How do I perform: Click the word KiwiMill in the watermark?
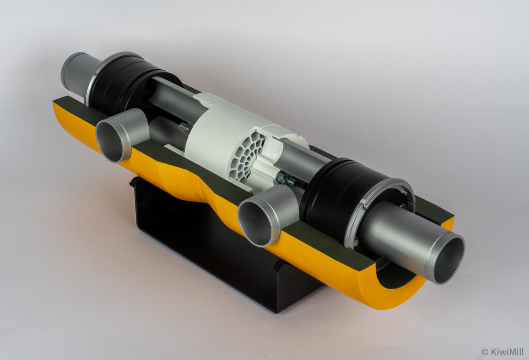click(507, 352)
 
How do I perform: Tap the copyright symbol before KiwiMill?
click(485, 352)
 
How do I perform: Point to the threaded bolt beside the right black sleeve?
click(287, 179)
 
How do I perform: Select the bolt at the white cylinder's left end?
click(186, 128)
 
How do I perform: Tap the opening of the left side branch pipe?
click(110, 142)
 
